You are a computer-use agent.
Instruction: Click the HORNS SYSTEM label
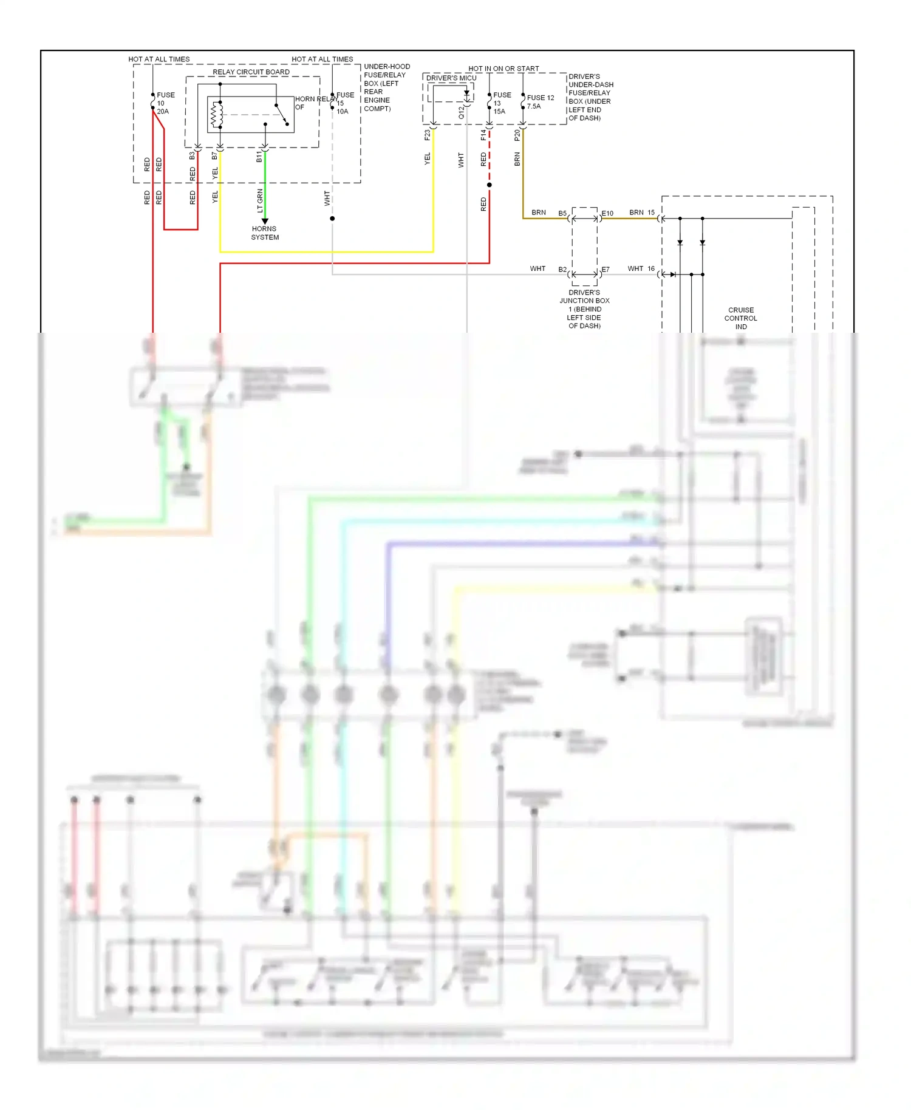pos(265,233)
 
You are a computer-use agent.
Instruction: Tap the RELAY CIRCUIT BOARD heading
pos(251,72)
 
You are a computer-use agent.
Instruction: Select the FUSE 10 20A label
pos(164,103)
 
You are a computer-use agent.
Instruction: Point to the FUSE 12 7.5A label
pos(540,102)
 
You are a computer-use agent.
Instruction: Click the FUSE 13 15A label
pos(501,103)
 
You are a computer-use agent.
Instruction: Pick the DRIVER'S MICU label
pos(451,78)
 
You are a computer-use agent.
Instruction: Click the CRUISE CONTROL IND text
pos(741,318)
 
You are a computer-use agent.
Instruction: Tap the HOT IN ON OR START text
pos(503,69)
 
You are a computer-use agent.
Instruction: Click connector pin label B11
pos(259,157)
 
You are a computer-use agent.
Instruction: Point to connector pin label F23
pos(427,135)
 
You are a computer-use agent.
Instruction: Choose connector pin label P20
pos(517,135)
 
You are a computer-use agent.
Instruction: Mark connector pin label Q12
pos(461,112)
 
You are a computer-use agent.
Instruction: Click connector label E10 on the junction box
pos(607,214)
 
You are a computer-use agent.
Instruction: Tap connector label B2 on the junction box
pos(562,270)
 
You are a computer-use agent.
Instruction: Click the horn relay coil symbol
pos(214,115)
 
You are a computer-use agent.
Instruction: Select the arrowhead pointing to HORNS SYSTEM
pos(265,221)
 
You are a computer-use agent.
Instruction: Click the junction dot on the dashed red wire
pos(489,185)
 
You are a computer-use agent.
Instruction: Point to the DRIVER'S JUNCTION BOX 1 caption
pos(584,309)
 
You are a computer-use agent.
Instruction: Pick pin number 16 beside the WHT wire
pos(651,268)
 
